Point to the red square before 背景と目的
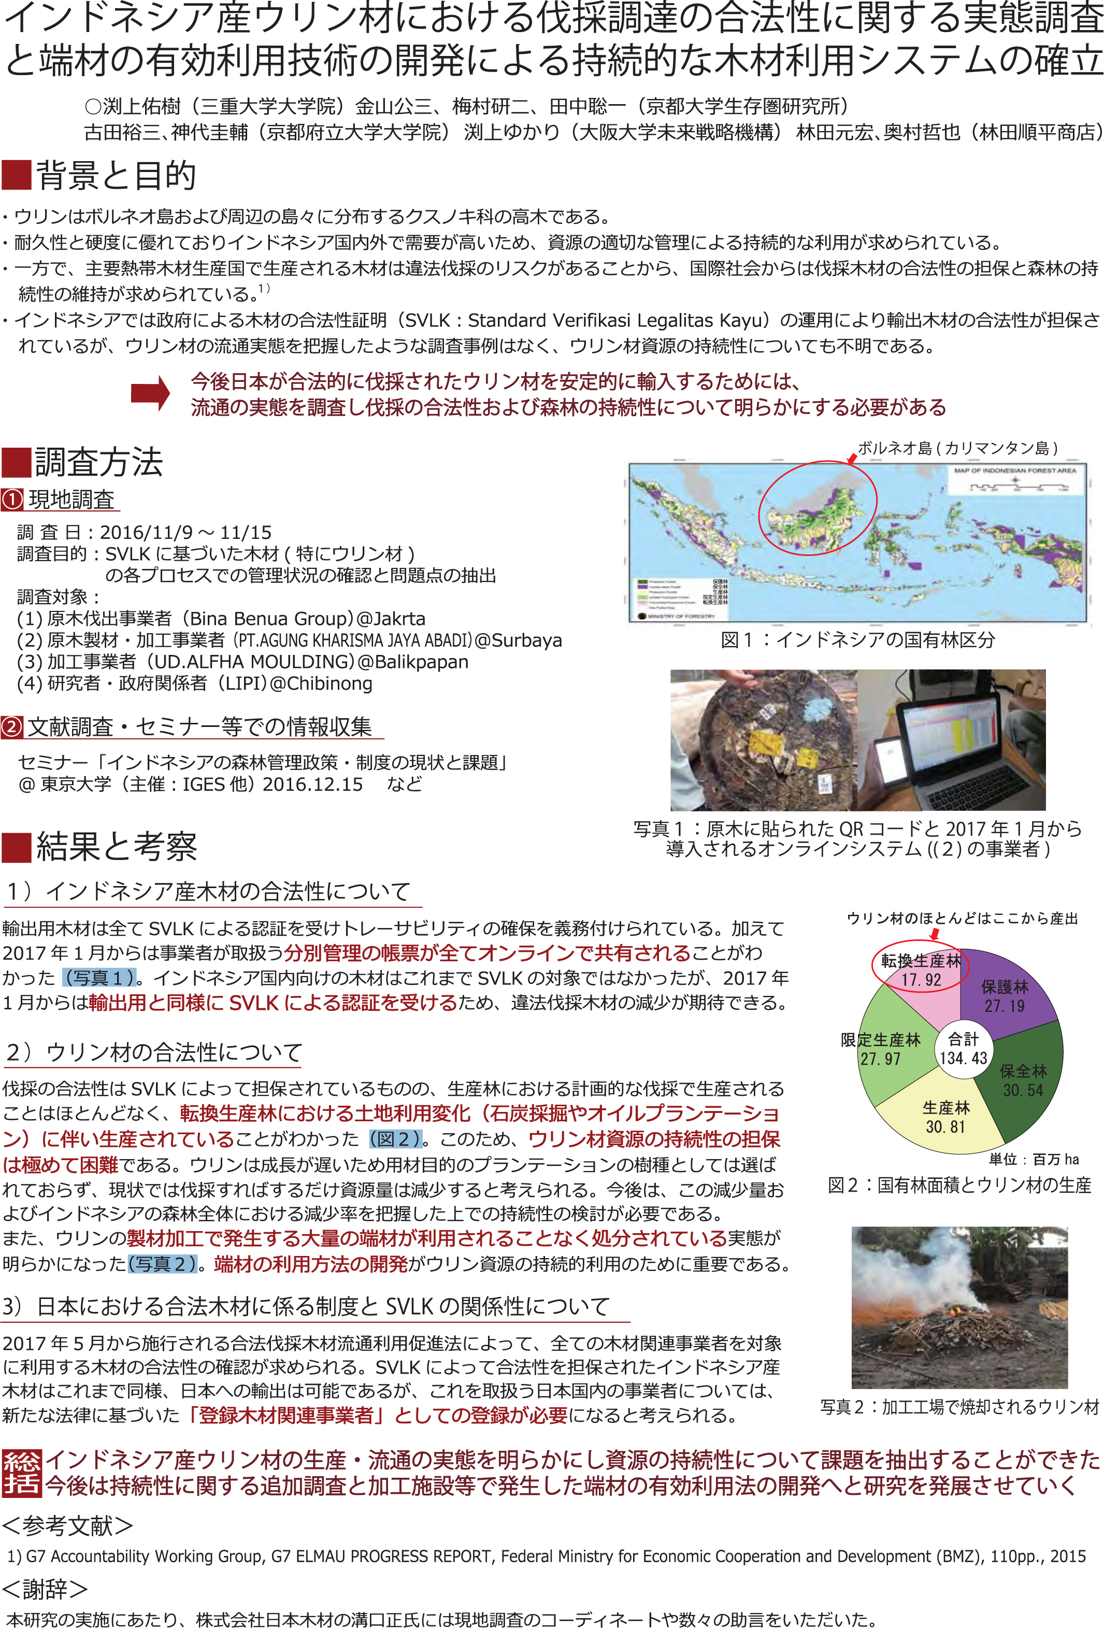coord(16,175)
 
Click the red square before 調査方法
coord(16,462)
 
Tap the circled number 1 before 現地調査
coord(12,500)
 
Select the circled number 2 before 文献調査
coord(12,726)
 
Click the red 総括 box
coord(22,1473)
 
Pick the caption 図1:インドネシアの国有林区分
coord(857,639)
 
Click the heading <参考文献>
coord(67,1525)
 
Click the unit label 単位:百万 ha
coord(1033,1160)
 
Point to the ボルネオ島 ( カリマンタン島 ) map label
coord(957,448)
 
